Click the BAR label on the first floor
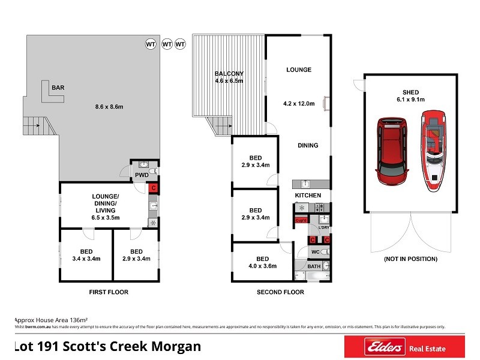coord(58,88)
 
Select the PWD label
coord(141,175)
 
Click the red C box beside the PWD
coord(154,188)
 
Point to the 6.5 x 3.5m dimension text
coord(105,217)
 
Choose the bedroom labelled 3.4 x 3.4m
coord(86,255)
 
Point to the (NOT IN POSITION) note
coord(410,259)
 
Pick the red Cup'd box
coord(301,220)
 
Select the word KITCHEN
coord(307,196)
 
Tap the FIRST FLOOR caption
coord(109,292)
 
